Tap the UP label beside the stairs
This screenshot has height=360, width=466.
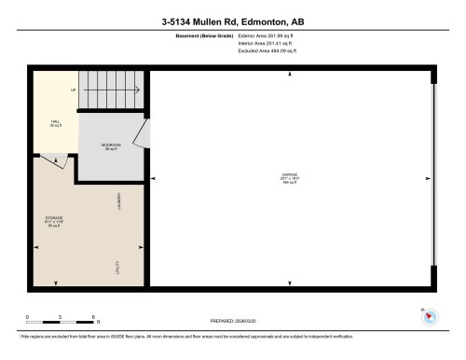coord(73,90)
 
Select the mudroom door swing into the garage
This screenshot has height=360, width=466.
coord(140,136)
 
